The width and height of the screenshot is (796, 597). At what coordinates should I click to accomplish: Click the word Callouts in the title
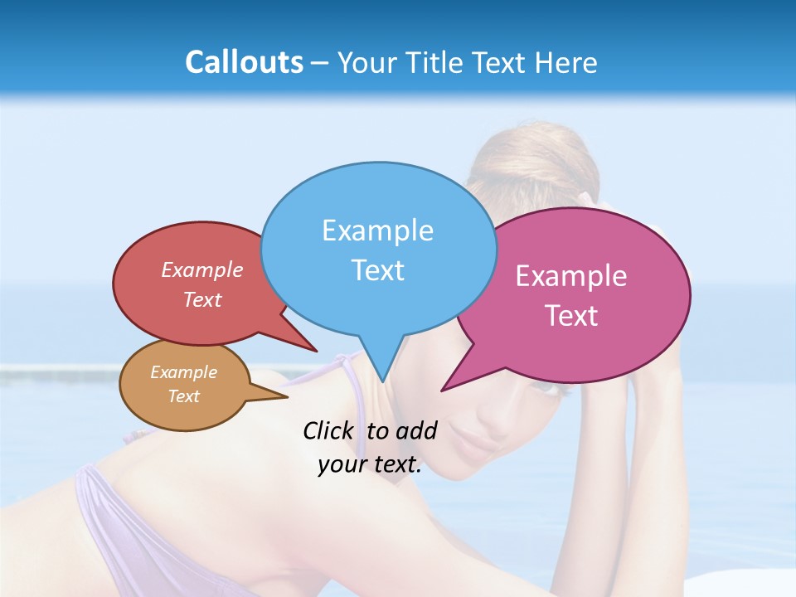[244, 62]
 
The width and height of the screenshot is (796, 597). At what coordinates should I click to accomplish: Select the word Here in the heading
[568, 62]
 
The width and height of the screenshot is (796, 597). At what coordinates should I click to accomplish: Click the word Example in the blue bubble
[377, 231]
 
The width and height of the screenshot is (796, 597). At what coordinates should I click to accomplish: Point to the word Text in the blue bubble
[377, 270]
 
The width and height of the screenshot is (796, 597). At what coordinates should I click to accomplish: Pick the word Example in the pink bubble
[571, 276]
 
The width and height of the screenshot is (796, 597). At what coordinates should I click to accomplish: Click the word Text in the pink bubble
[571, 316]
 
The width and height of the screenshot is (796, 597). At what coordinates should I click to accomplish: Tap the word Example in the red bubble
[202, 269]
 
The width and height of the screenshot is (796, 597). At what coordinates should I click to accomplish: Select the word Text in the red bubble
[202, 299]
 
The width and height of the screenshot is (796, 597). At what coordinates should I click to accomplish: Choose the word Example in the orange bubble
[183, 372]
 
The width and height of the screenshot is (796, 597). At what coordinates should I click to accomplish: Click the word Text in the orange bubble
[183, 396]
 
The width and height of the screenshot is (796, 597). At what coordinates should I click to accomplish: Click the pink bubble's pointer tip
[443, 390]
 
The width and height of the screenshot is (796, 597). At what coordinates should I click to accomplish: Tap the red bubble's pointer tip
[316, 351]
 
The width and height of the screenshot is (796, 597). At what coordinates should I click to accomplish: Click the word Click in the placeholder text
[328, 430]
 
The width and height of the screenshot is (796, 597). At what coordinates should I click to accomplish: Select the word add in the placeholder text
[416, 430]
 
